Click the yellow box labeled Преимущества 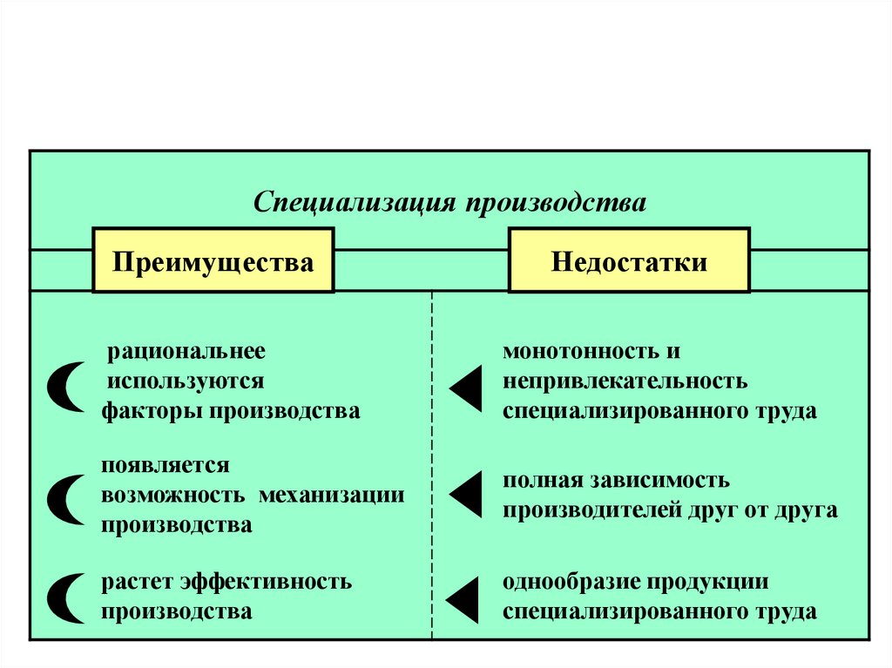[x=213, y=260]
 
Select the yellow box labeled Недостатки [x=629, y=260]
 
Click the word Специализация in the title [x=355, y=203]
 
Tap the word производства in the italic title [x=556, y=203]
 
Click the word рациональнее [x=186, y=352]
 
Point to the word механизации [x=332, y=495]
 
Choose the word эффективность [x=267, y=582]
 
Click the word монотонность [x=579, y=351]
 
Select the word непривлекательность [x=625, y=381]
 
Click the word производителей [x=591, y=510]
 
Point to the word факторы [x=152, y=411]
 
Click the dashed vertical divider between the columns [x=432, y=465]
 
